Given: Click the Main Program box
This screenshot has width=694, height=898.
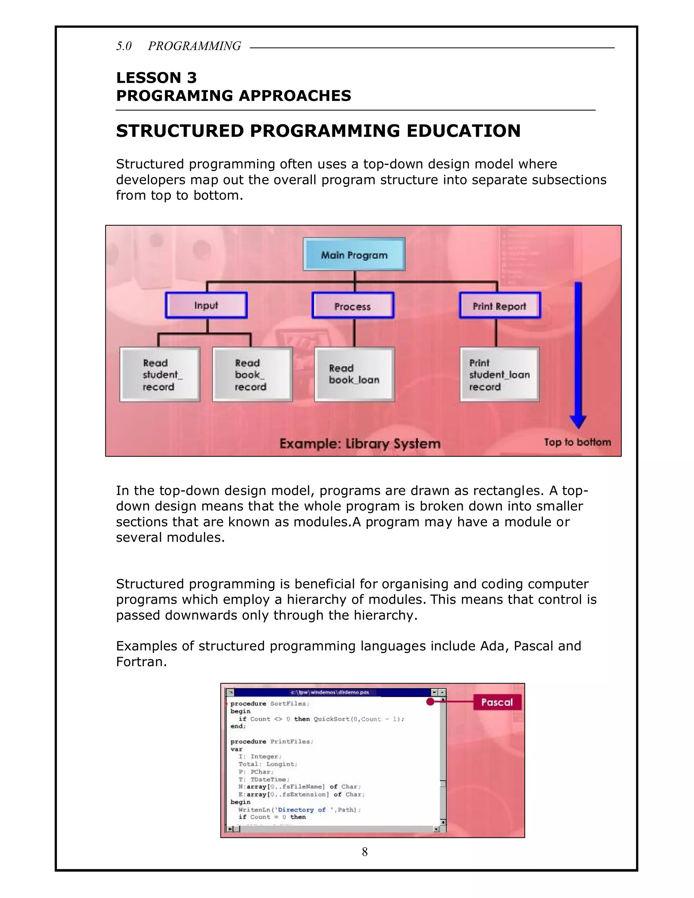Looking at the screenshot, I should coord(354,254).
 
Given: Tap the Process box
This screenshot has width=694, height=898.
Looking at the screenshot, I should coord(353,306).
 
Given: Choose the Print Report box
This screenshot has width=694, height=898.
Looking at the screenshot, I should coord(499,306).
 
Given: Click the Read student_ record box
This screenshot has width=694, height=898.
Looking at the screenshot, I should coord(160,374).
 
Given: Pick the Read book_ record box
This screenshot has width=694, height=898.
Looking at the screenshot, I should coord(252,374).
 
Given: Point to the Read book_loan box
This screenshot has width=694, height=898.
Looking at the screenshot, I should coord(354,374).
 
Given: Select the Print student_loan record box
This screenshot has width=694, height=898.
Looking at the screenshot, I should coord(499,374).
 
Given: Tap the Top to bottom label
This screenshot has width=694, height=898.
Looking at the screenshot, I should coord(577,443).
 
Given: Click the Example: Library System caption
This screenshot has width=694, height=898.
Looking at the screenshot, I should coord(360,444).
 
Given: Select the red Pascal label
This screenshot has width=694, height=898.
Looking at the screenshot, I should coord(497,702).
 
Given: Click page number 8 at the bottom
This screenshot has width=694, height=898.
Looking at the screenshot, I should coord(365,852).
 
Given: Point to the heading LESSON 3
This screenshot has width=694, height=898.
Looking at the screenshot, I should coord(156,78).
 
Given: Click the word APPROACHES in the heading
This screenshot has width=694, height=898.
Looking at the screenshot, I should coord(295,96).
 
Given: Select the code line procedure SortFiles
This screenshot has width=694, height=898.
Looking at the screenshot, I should coord(270,703).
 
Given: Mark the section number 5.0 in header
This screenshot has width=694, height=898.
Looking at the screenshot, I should coord(123,46).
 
